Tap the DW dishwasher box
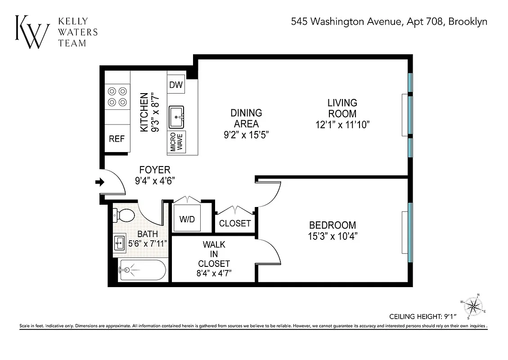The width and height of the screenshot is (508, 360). tap(176, 84)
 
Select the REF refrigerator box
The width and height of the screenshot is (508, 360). tap(117, 139)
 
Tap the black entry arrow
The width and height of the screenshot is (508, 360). tap(99, 182)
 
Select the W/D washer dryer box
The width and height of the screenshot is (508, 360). tap(187, 219)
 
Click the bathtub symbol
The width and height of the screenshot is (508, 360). tap(142, 270)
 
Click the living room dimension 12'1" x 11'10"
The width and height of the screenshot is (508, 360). tap(342, 125)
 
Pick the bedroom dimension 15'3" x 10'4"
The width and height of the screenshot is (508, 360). tap(332, 235)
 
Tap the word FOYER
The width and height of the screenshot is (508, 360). tap(154, 170)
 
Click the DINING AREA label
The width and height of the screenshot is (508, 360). tap(246, 118)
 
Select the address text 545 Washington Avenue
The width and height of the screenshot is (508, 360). tap(346, 21)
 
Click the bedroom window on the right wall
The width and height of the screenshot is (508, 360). tap(410, 232)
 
